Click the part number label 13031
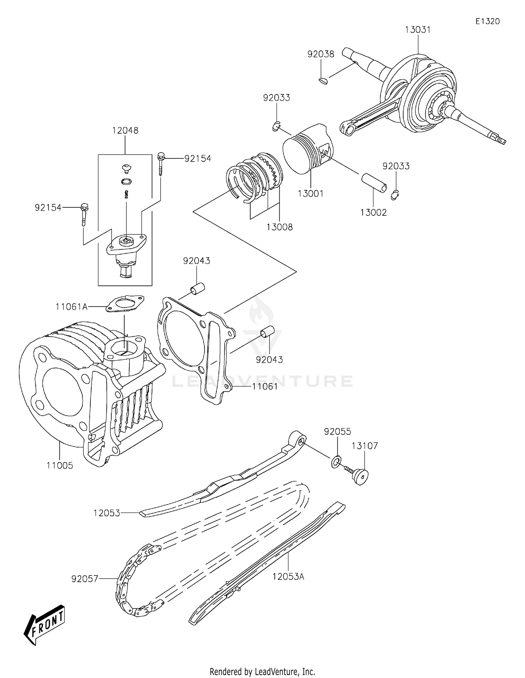(x=418, y=30)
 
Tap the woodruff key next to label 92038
(x=324, y=82)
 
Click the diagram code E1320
(x=487, y=21)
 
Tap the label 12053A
(x=288, y=577)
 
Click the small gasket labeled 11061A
(x=125, y=303)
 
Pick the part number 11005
(x=60, y=465)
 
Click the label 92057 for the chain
(x=84, y=579)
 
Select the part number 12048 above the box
(x=125, y=130)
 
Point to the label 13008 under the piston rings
(x=279, y=227)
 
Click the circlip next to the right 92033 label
(x=395, y=195)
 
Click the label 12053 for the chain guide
(x=106, y=513)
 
